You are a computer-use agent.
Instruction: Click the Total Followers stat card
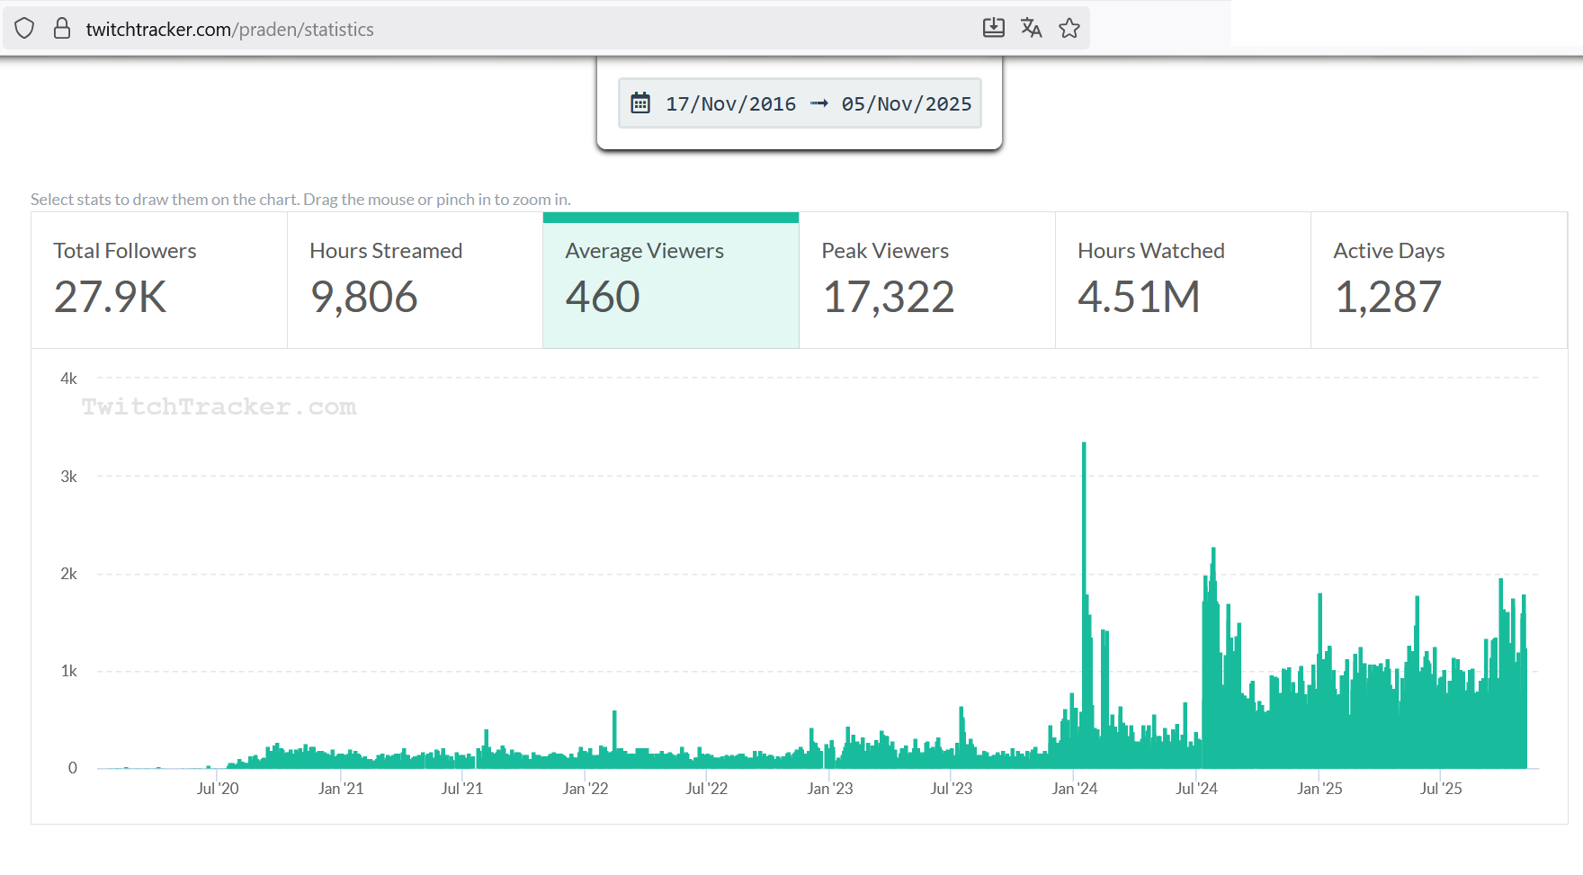tap(159, 280)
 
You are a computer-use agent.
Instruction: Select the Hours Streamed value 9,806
tap(364, 298)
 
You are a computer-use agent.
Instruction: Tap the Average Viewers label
tap(644, 251)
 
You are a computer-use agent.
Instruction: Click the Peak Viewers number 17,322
tap(888, 298)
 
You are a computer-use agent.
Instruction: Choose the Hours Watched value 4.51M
tap(1139, 298)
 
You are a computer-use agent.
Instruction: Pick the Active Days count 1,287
tap(1388, 298)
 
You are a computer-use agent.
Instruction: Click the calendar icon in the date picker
tap(640, 103)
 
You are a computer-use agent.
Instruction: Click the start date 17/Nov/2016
tap(730, 104)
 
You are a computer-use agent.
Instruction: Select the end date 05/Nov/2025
tap(906, 104)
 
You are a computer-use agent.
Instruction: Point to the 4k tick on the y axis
tap(69, 379)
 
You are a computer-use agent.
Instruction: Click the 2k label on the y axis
tap(69, 574)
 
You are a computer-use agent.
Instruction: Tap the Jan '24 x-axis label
tap(1074, 789)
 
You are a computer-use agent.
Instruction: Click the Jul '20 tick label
tap(218, 789)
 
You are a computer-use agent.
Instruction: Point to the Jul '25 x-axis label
tap(1441, 789)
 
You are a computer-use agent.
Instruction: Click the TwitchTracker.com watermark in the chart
tap(219, 407)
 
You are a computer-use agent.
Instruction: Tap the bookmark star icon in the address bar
tap(1069, 29)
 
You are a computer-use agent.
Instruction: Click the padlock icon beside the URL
tap(62, 29)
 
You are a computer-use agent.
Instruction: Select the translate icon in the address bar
tap(1031, 29)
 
